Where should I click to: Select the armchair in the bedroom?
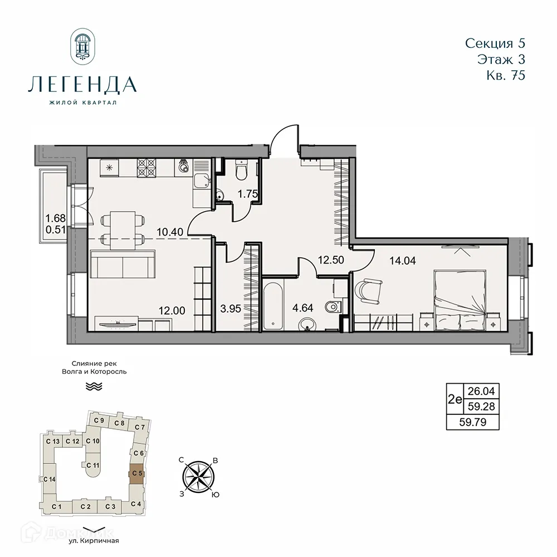pos(367,289)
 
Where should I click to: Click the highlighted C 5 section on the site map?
pos(136,473)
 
